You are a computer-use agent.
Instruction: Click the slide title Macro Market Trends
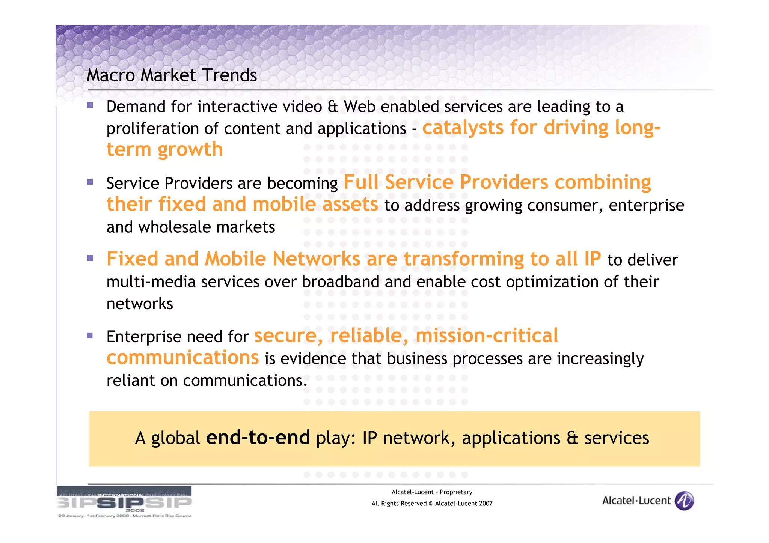(x=172, y=75)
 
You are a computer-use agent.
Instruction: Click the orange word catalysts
(x=463, y=128)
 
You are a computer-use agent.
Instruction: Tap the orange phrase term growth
(x=164, y=149)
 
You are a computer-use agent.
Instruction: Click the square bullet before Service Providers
(x=90, y=182)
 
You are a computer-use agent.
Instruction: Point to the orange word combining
(x=603, y=183)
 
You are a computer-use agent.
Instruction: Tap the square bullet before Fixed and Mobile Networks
(x=90, y=259)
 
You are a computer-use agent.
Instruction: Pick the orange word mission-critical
(x=487, y=335)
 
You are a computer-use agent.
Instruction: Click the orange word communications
(x=182, y=358)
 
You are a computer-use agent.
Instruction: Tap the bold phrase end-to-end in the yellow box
(x=258, y=438)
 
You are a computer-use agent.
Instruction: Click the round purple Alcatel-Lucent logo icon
(x=684, y=501)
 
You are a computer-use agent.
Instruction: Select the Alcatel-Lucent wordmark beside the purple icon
(x=636, y=501)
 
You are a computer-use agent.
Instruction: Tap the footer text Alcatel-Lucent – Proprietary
(x=432, y=492)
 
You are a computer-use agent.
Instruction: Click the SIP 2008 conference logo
(x=124, y=502)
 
